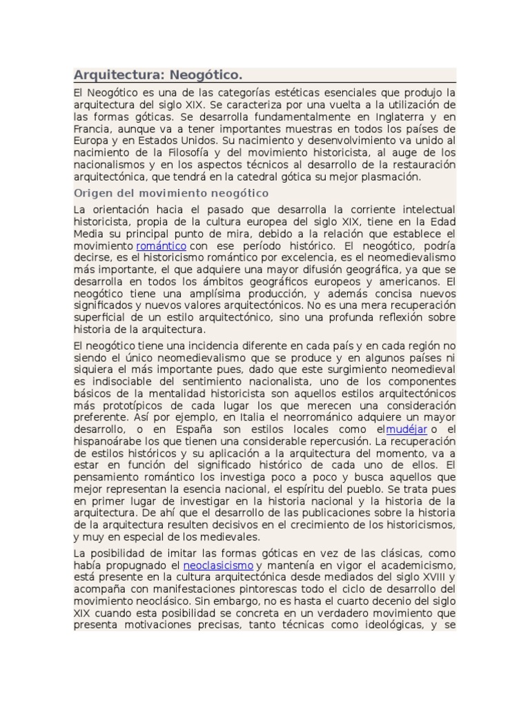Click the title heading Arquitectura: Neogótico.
tap(157, 74)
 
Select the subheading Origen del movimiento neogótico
tap(171, 193)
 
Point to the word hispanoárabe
tap(109, 442)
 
